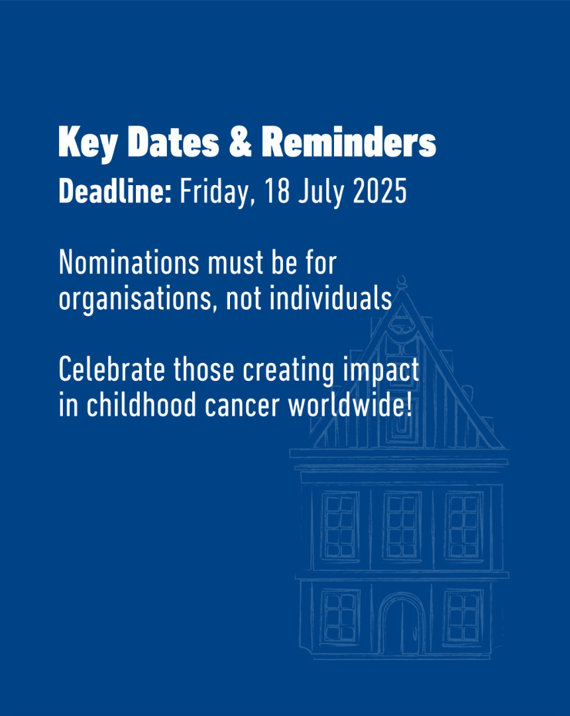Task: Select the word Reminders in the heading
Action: coord(349,141)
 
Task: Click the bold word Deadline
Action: coord(115,190)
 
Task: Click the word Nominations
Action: coord(129,263)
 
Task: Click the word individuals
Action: coord(331,298)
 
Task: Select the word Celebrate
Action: coord(112,370)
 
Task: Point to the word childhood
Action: coord(141,405)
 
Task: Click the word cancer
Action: coord(242,406)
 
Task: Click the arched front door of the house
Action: coord(401,624)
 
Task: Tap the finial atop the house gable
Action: coord(402,281)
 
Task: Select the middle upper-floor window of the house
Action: coord(402,526)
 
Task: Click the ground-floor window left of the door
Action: coord(340,616)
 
